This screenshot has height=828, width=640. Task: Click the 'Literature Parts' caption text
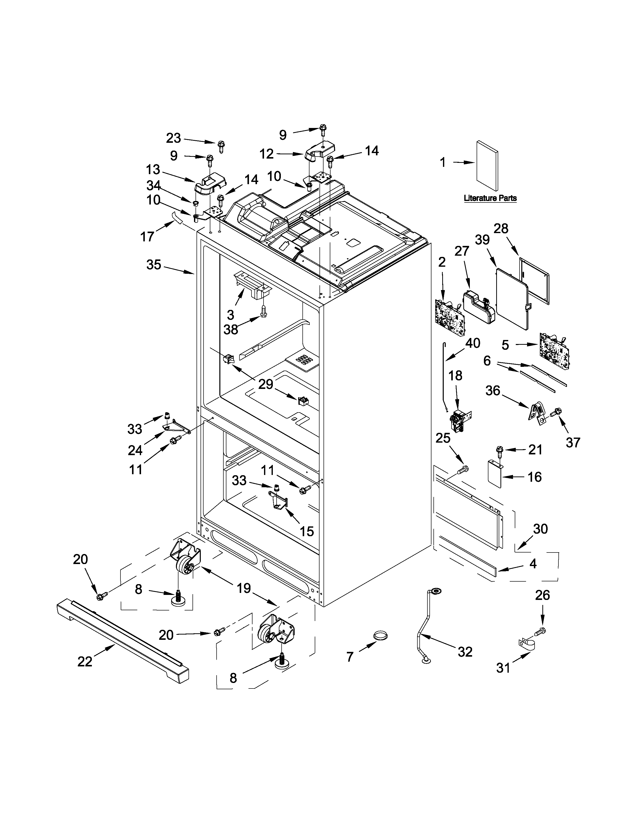490,198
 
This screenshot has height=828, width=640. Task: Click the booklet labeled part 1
487,166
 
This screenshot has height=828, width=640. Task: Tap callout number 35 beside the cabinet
154,265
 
